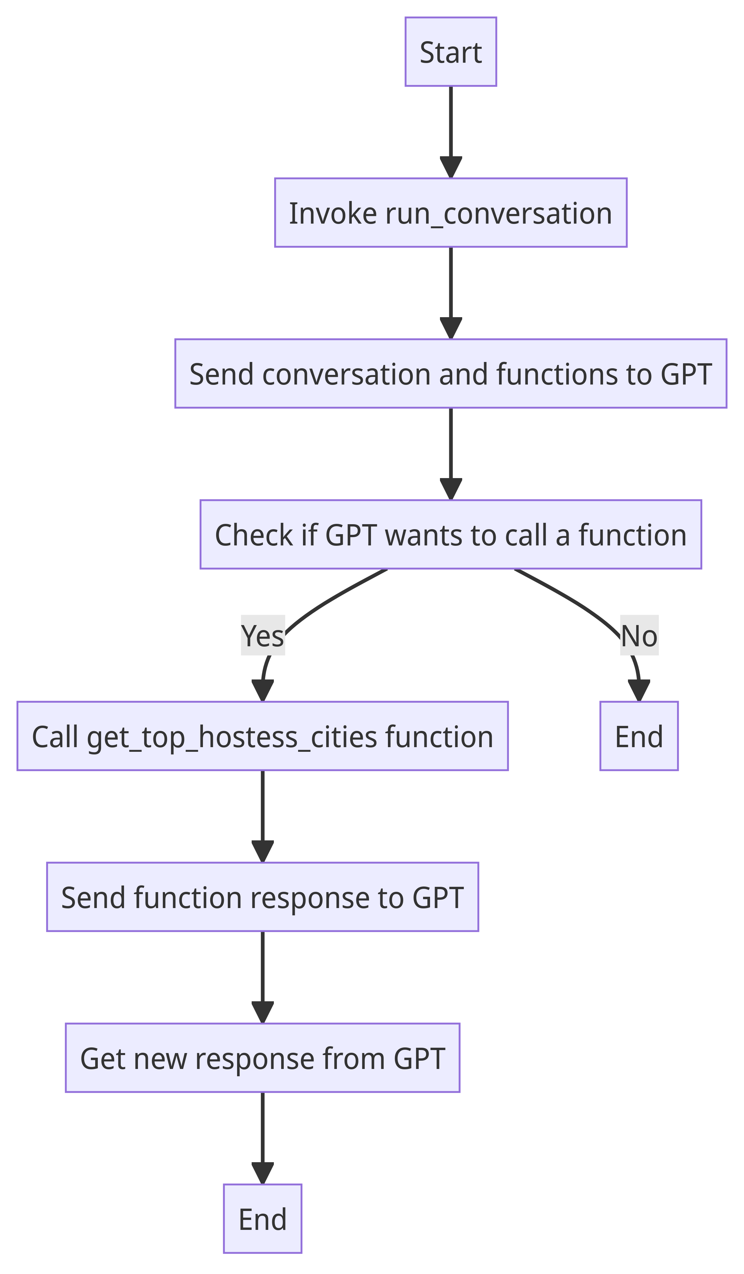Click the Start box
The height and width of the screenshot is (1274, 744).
(x=451, y=51)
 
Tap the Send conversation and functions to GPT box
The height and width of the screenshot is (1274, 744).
(x=451, y=374)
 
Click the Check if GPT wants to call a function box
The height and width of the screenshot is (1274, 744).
(x=451, y=534)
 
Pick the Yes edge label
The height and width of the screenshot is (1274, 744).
(x=263, y=635)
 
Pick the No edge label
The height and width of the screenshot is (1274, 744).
(x=639, y=635)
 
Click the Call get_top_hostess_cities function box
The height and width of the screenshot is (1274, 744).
(x=263, y=736)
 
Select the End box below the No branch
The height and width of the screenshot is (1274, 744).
(x=639, y=736)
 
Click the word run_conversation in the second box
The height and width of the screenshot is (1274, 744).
(x=499, y=213)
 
